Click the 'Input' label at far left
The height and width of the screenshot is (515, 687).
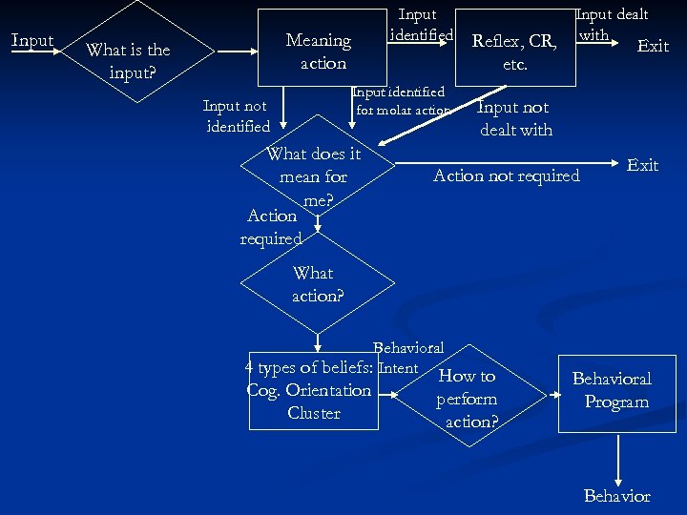(x=31, y=40)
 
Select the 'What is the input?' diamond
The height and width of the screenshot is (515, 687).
(x=127, y=61)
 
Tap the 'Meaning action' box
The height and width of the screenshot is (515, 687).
(x=321, y=51)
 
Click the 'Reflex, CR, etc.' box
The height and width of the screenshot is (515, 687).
(x=514, y=52)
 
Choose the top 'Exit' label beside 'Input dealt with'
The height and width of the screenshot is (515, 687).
(x=653, y=46)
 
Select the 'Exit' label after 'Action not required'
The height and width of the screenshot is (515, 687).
(x=642, y=165)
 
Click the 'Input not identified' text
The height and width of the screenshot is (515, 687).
(x=237, y=115)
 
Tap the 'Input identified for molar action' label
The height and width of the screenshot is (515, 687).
(x=400, y=101)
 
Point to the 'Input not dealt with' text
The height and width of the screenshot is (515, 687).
(x=515, y=118)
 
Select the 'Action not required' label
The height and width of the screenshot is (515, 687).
(x=506, y=175)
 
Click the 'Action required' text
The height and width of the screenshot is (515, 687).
(x=271, y=227)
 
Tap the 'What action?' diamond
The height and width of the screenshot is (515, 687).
(x=316, y=284)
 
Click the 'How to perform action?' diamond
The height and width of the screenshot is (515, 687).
(x=467, y=398)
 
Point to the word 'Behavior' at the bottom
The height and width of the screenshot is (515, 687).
(x=616, y=496)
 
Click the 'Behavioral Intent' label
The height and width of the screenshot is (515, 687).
(x=407, y=358)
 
